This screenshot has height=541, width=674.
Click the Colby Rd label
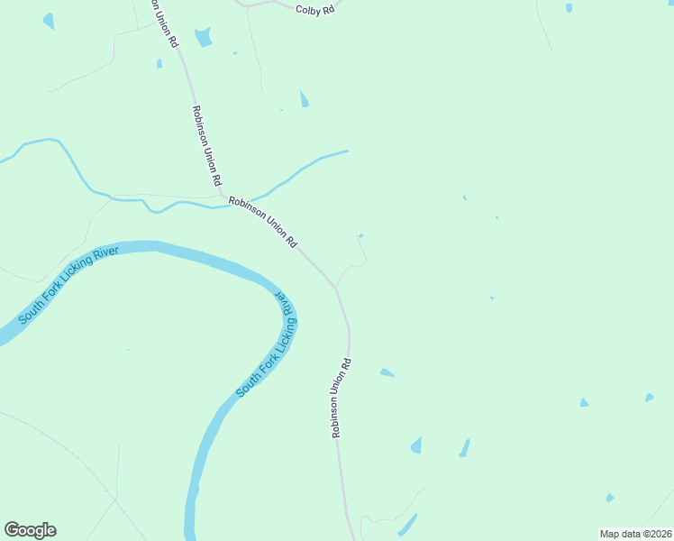point(314,9)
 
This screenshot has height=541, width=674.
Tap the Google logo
point(30,530)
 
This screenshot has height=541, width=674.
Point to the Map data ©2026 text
point(634,534)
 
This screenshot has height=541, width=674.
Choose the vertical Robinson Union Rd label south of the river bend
point(341,399)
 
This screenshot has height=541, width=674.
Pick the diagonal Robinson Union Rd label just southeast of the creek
point(262,222)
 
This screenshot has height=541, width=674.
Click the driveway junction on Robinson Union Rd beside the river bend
point(336,288)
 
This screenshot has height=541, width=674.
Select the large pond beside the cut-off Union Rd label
point(205,37)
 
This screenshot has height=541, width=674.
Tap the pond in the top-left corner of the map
point(49,20)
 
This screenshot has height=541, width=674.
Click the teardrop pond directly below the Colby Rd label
point(305,99)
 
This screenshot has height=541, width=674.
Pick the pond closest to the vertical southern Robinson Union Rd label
point(387,372)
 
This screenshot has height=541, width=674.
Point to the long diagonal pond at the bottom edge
point(407,525)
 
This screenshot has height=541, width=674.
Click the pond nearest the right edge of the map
point(649,397)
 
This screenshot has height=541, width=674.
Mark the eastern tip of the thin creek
point(347,151)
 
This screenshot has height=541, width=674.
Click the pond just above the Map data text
point(610,498)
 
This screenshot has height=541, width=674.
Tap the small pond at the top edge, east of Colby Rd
point(569,8)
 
